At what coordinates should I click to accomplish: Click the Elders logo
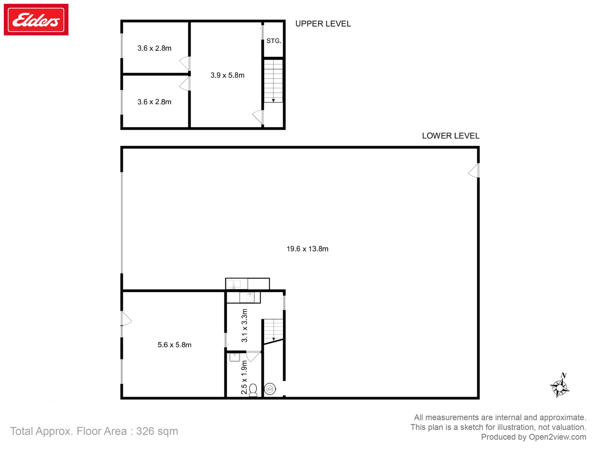coord(36,20)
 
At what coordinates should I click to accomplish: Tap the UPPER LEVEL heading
coord(323,24)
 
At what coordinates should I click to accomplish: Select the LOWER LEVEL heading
coord(450,136)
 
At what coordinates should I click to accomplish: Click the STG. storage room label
coord(274,41)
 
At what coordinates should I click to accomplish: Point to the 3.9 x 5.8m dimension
coord(227,75)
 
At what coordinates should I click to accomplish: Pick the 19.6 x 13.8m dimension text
coord(307,249)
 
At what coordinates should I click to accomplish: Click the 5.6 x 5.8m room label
coord(174,345)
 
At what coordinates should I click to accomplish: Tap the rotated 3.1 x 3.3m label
coord(244,325)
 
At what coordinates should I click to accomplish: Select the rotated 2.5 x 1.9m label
coord(244,377)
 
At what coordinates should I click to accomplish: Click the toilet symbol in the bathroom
coord(253,390)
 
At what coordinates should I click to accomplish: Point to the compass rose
coord(560,387)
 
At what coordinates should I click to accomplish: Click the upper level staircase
coord(273,81)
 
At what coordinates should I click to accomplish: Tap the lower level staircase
coord(273,330)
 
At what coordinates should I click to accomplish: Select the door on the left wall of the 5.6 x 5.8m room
coord(126,319)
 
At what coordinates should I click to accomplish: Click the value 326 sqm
coord(157,431)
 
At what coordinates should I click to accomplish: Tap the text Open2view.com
coord(557,437)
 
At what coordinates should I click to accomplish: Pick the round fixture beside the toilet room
coord(270,389)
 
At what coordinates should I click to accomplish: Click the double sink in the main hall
coord(234,283)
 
